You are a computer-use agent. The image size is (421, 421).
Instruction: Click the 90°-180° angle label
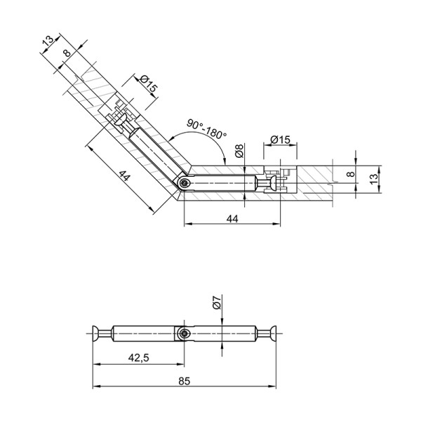coord(207,129)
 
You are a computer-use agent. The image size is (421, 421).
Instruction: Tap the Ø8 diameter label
coord(239,151)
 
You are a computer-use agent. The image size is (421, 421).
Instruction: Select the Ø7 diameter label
coord(217,302)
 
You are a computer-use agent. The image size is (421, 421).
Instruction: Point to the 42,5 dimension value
coord(138,358)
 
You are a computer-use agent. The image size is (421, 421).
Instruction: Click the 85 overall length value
coord(184,381)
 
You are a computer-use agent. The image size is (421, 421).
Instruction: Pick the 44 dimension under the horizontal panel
coord(232,219)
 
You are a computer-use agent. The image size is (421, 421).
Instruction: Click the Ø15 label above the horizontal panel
coord(280,140)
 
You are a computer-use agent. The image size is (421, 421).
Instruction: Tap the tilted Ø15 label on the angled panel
coord(148,83)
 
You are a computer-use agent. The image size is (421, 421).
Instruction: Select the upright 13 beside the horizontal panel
coord(374,179)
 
